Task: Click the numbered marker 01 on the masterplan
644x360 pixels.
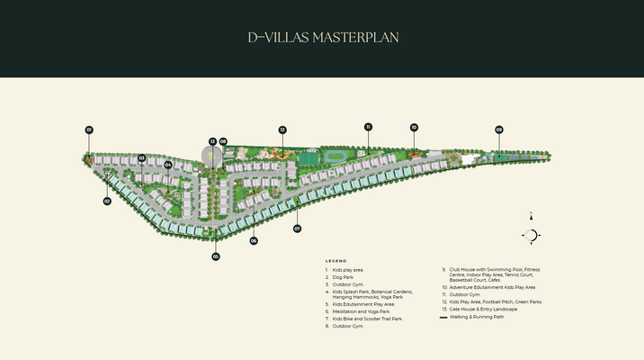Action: (x=89, y=130)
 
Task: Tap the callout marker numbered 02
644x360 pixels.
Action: (x=106, y=201)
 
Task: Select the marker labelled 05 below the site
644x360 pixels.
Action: (x=216, y=256)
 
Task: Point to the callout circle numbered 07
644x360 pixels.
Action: (x=297, y=229)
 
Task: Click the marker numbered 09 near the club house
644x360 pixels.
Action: (x=498, y=130)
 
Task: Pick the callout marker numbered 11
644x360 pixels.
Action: (x=368, y=127)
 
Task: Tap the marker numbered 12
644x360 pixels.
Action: (x=282, y=130)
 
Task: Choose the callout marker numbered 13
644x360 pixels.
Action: (x=212, y=141)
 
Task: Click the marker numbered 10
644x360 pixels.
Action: (x=414, y=128)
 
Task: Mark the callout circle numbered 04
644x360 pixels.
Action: (x=168, y=165)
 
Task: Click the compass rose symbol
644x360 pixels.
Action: (x=531, y=236)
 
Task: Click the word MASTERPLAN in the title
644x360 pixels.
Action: (x=355, y=38)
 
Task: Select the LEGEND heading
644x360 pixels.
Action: (x=335, y=261)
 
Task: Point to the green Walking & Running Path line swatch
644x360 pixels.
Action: (x=443, y=318)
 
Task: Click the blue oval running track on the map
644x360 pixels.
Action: (x=338, y=156)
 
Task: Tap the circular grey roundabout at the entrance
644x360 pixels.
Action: (x=212, y=157)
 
